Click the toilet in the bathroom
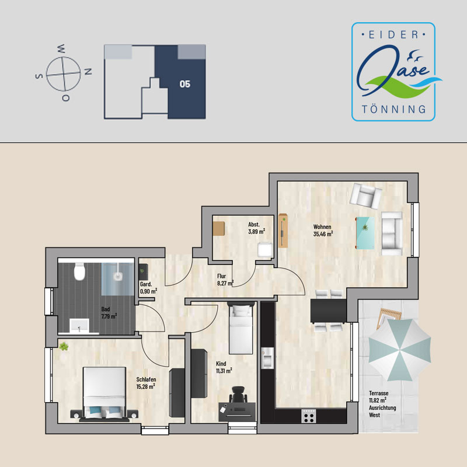click(79, 271)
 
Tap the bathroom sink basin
click(79, 326)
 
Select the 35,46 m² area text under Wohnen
click(323, 234)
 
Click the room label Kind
click(221, 364)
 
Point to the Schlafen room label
click(146, 379)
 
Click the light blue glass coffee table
click(365, 233)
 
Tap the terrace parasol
click(400, 350)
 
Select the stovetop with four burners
click(309, 416)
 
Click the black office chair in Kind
click(238, 395)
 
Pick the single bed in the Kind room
click(241, 328)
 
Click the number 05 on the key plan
click(185, 84)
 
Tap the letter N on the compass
click(88, 72)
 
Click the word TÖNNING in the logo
click(393, 109)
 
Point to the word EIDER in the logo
click(393, 35)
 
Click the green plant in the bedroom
click(64, 347)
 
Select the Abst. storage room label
click(254, 225)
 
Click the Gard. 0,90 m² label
click(149, 288)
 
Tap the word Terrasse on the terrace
click(378, 393)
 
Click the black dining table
click(328, 311)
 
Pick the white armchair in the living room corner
click(366, 196)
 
